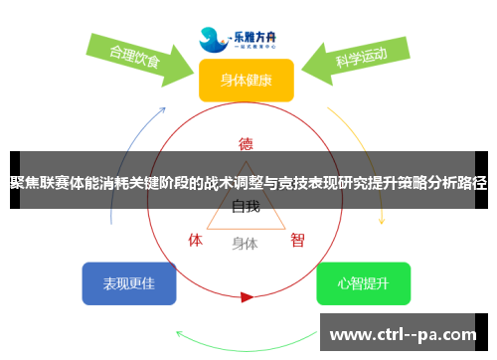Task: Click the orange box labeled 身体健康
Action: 246,80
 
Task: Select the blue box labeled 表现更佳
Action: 129,283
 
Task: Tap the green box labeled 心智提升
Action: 363,283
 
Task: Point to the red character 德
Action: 246,142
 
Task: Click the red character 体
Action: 196,240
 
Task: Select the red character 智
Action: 297,240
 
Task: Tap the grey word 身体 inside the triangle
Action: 246,243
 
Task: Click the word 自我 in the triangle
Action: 246,208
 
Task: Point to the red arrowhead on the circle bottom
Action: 247,296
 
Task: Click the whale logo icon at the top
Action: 213,39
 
